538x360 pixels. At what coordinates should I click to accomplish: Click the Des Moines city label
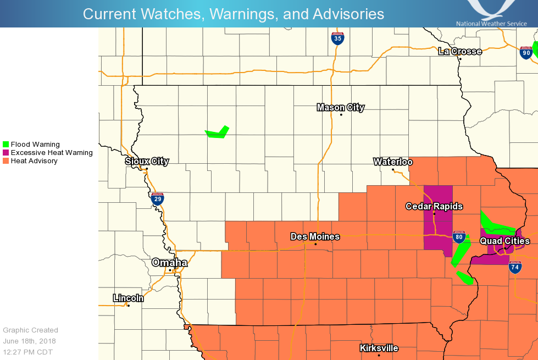(x=315, y=237)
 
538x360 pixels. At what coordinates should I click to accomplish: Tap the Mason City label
(x=341, y=108)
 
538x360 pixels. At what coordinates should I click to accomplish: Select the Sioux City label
(x=147, y=162)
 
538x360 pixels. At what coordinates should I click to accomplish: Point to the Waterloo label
(x=393, y=162)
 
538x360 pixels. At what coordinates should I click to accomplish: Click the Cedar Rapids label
(x=434, y=207)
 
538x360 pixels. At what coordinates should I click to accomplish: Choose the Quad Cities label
(x=504, y=241)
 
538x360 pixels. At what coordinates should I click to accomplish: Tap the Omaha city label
(x=169, y=263)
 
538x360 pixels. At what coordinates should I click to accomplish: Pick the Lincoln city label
(x=128, y=298)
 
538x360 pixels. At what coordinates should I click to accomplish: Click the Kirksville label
(x=379, y=348)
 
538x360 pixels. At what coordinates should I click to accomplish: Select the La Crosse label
(x=460, y=52)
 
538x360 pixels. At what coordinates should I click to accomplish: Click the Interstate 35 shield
(x=338, y=38)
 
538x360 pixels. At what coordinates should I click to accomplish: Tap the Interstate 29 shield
(x=158, y=198)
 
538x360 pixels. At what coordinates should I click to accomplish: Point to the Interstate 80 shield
(x=459, y=237)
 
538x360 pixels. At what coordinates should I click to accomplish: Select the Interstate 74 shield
(x=515, y=267)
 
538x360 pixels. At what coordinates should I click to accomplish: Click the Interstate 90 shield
(x=526, y=53)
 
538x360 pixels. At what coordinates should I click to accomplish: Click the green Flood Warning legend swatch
(x=6, y=145)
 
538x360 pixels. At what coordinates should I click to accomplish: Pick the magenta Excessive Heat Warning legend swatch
(x=6, y=153)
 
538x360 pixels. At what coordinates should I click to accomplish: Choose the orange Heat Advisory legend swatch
(x=6, y=161)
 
